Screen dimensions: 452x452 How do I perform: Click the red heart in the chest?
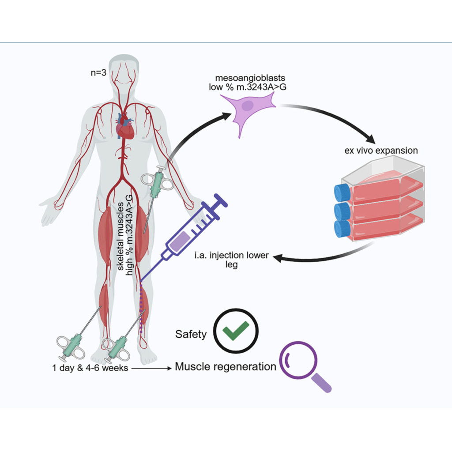(125, 127)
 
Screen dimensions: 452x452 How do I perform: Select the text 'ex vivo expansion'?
(381, 151)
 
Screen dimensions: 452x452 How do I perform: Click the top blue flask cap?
(342, 193)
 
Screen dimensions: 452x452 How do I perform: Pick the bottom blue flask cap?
(342, 229)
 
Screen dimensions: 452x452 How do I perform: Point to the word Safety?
(191, 334)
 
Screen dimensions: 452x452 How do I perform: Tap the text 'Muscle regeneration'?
(226, 366)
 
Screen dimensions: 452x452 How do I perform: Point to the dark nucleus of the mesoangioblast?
(248, 106)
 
